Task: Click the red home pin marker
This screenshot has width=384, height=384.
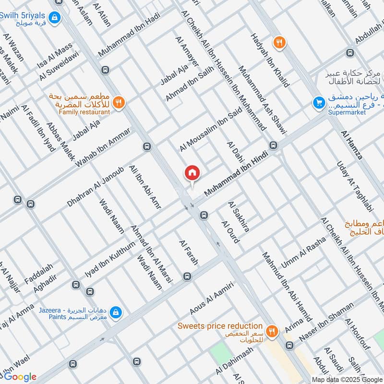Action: (192, 173)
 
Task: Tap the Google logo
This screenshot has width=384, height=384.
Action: (20, 377)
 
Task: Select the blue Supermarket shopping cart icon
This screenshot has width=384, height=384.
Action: (318, 102)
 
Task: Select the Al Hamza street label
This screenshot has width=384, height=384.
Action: (351, 144)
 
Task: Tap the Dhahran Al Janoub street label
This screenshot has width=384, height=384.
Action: (96, 187)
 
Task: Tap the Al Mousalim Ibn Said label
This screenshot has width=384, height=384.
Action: (210, 128)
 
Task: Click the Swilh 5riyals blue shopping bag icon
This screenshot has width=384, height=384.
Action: (56, 17)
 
